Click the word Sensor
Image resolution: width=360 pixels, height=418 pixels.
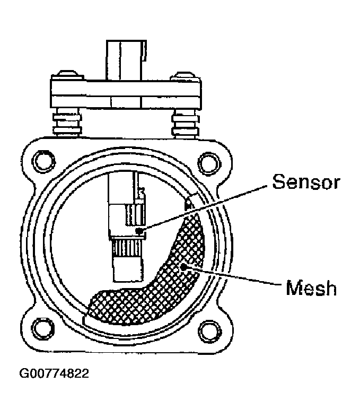[305, 182]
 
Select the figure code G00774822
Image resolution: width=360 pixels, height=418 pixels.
[55, 373]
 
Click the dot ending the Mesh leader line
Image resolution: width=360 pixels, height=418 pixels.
[184, 267]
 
